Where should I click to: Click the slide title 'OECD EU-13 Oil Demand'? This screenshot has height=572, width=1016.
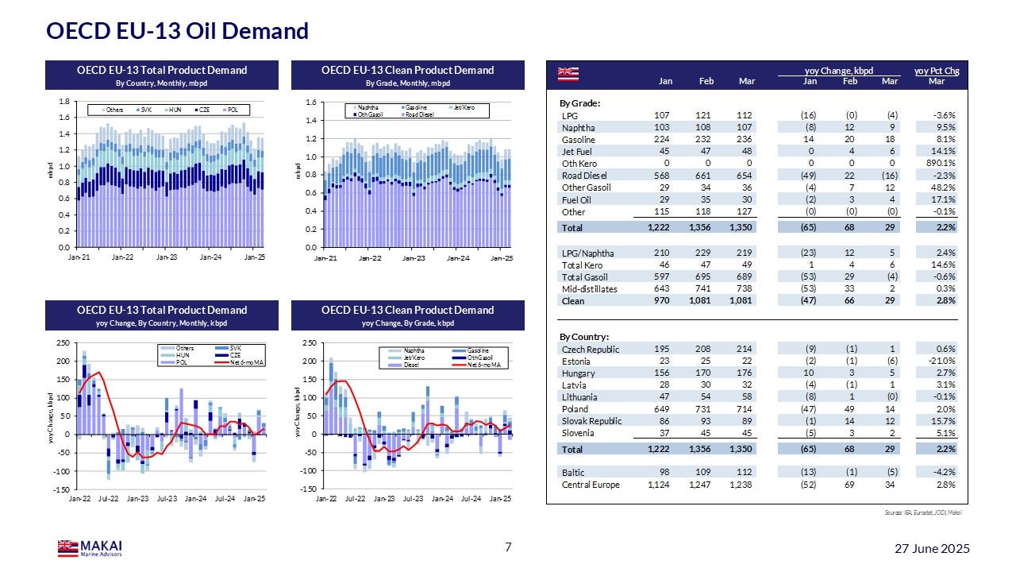[177, 31]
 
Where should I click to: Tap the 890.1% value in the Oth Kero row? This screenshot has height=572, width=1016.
[939, 164]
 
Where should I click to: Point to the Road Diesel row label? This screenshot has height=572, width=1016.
[584, 176]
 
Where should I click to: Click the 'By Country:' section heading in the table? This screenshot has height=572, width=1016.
[585, 337]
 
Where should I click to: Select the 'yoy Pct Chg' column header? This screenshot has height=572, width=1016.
[936, 71]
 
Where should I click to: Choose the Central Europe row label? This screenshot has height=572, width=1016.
[591, 485]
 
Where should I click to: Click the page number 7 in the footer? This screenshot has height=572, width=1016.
[509, 547]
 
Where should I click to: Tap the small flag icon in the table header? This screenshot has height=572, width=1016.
[568, 74]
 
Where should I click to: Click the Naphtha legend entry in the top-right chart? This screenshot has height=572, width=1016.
[367, 107]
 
